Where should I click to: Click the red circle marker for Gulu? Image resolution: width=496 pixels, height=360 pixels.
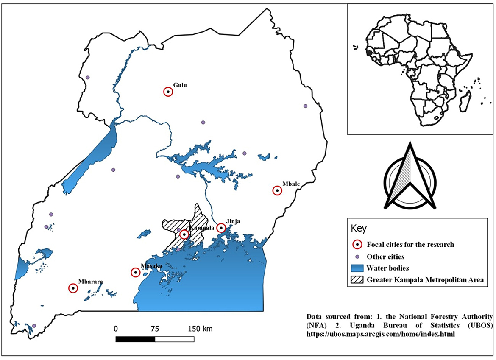pos(168,92)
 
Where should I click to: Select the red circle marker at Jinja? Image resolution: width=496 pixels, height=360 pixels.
pos(221,228)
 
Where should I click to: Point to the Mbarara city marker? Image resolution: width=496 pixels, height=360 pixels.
pos(73,288)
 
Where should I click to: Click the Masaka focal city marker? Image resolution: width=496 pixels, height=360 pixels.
pos(135,273)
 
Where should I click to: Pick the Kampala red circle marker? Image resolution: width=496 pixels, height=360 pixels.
pos(184,234)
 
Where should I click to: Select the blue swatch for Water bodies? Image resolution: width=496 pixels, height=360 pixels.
pos(358,268)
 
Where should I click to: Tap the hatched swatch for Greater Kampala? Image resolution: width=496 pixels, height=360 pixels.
pos(358,279)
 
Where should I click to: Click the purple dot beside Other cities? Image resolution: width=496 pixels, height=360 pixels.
pos(358,257)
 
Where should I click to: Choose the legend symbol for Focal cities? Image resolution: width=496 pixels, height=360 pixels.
pos(358,244)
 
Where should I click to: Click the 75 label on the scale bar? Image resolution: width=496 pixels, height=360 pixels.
pos(155,329)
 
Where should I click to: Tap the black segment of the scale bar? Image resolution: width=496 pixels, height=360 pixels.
pos(135,339)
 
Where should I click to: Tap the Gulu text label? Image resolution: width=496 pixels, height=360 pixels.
pos(180,85)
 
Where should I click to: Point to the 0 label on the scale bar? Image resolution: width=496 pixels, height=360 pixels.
pos(115,329)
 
